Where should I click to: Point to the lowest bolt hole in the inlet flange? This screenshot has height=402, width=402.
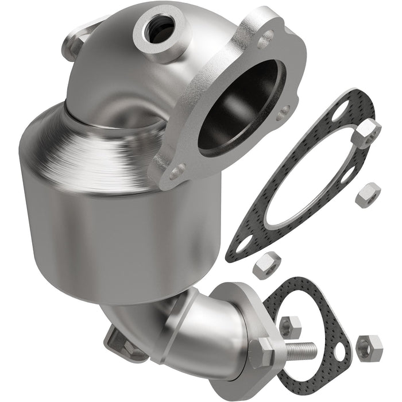coord(177,171)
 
